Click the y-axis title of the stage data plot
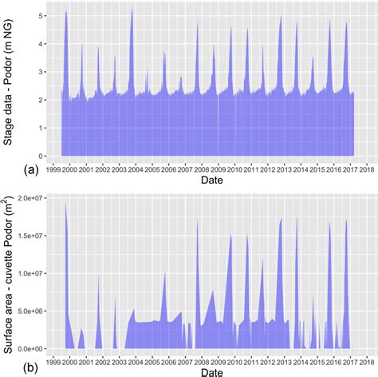click(x=9, y=80)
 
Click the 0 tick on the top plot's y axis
click(x=41, y=156)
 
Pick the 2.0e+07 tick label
click(x=30, y=197)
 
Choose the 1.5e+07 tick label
click(x=30, y=235)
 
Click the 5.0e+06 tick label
click(x=30, y=311)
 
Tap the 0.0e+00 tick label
click(x=30, y=349)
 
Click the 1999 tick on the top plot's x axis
click(x=52, y=169)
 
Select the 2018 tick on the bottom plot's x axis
click(x=367, y=360)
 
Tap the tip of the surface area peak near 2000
click(x=65, y=203)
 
